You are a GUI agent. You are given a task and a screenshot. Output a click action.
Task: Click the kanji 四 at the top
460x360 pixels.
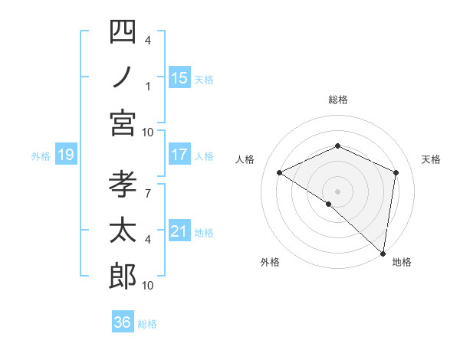(x=123, y=33)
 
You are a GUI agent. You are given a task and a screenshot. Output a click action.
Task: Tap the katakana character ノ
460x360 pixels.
(x=123, y=78)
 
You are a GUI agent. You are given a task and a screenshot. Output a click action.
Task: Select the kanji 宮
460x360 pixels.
(x=123, y=123)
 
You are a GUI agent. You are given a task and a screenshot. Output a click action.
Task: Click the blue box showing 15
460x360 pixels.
(x=179, y=77)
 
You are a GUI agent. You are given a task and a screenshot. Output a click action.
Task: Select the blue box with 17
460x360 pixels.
(x=179, y=155)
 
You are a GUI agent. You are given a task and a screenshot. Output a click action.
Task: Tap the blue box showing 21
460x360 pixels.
(x=179, y=231)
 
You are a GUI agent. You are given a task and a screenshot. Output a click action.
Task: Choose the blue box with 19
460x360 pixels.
(x=66, y=155)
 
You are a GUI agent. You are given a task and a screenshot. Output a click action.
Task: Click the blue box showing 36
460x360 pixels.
(x=123, y=322)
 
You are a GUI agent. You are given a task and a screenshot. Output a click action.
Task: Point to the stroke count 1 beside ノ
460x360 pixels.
(x=147, y=86)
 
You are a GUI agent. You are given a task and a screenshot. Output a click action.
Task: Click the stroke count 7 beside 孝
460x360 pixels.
(x=147, y=186)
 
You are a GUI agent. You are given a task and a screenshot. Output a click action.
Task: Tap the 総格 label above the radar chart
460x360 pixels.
(x=337, y=100)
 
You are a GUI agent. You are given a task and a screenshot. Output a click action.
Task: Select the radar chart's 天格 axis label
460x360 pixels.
(x=431, y=159)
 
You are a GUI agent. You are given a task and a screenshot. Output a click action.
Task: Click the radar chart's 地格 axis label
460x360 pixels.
(x=402, y=262)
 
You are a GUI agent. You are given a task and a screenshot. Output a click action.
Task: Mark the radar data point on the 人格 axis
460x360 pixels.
(x=280, y=172)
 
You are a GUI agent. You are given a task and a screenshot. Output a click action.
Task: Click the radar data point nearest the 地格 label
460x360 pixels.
(x=383, y=252)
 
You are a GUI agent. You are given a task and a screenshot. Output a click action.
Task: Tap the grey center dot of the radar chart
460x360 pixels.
(x=337, y=191)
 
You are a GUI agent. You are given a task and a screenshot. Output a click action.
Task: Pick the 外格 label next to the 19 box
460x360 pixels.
(x=41, y=155)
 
